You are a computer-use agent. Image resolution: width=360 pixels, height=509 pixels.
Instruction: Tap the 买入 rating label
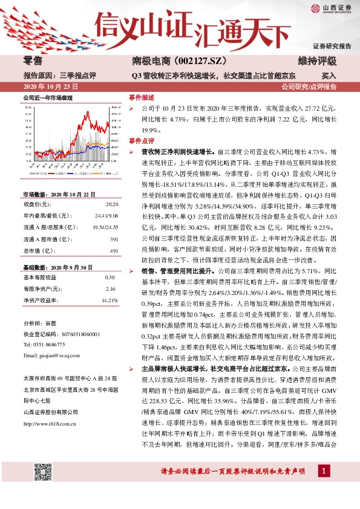point(329,76)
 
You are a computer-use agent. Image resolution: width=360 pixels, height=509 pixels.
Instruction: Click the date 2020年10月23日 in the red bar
point(49,87)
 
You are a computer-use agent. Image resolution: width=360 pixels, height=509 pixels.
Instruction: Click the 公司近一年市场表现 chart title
point(48,97)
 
